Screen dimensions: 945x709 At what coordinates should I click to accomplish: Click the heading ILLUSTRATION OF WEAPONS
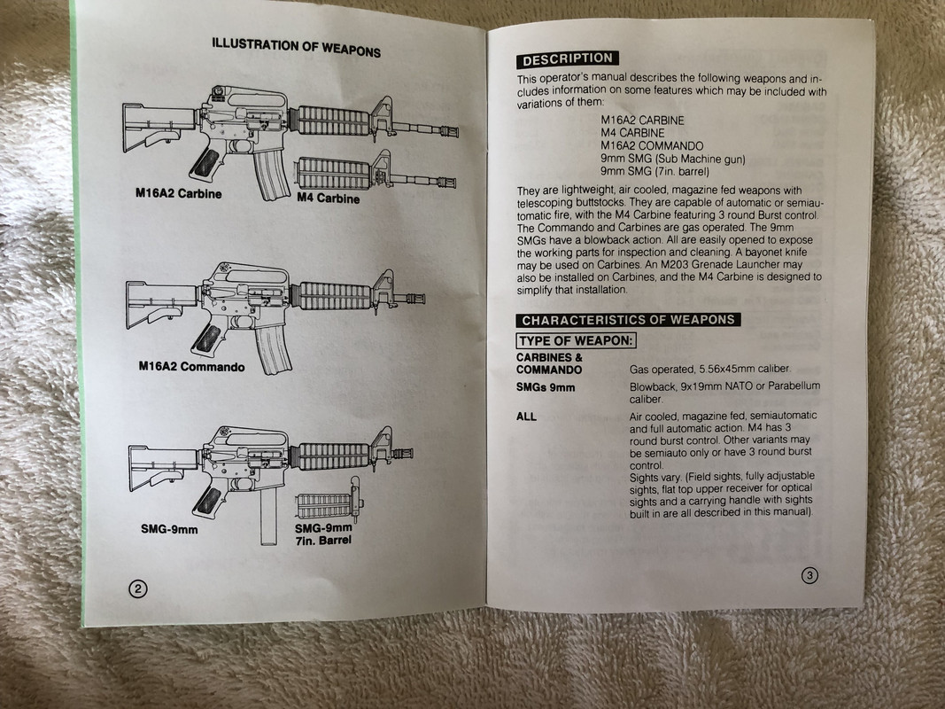coord(296,46)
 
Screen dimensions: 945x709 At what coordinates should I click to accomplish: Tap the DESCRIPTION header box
coord(566,59)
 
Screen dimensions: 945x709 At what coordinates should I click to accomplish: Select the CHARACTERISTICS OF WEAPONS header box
coord(628,320)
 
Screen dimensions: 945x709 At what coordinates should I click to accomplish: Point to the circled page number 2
coord(137,588)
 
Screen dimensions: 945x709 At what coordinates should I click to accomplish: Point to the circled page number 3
coord(809,575)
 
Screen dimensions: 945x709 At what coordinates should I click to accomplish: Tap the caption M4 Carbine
coord(329,199)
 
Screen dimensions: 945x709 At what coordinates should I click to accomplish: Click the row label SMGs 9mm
coord(546,387)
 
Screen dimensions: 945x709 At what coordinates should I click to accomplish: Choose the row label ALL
coord(526,416)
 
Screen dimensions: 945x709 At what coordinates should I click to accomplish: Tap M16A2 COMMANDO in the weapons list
coord(652,146)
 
